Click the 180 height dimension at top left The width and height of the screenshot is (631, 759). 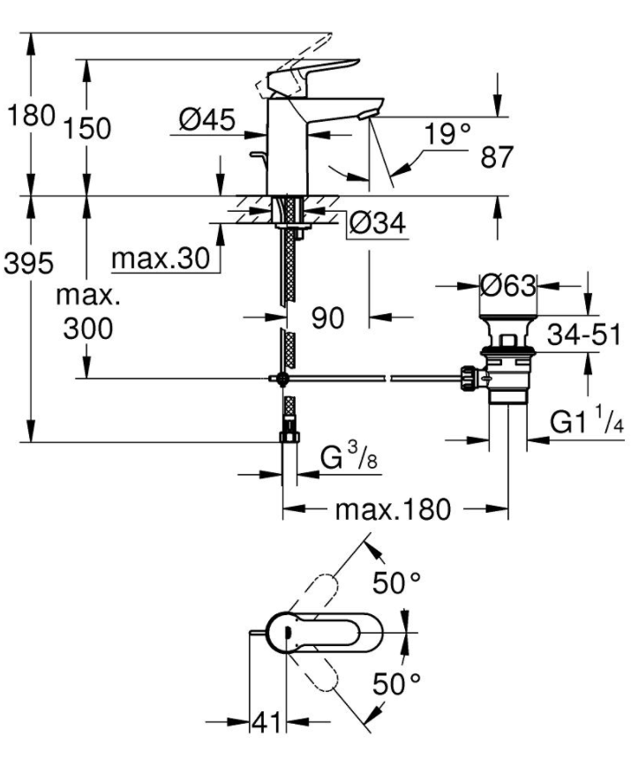click(x=31, y=116)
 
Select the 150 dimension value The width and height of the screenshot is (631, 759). click(x=87, y=129)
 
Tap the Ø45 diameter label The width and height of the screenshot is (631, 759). click(x=207, y=119)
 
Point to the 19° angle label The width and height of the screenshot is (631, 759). click(x=447, y=133)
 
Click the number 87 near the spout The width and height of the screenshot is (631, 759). click(x=497, y=157)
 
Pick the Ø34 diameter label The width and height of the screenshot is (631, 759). click(x=378, y=223)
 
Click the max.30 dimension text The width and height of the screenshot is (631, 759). click(x=161, y=259)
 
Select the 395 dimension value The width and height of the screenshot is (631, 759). click(x=28, y=264)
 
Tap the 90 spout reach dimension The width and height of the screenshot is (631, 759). click(x=327, y=318)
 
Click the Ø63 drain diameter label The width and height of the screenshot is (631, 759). click(x=508, y=286)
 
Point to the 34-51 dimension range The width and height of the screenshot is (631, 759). click(x=584, y=334)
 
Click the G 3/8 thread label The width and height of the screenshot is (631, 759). click(x=349, y=457)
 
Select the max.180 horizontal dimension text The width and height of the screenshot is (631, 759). click(x=393, y=510)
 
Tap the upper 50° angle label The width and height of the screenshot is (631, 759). click(x=397, y=582)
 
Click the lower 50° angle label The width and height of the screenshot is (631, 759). click(x=397, y=684)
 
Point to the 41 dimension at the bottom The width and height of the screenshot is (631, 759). click(x=267, y=723)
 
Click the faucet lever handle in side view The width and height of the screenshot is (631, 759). click(x=312, y=76)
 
